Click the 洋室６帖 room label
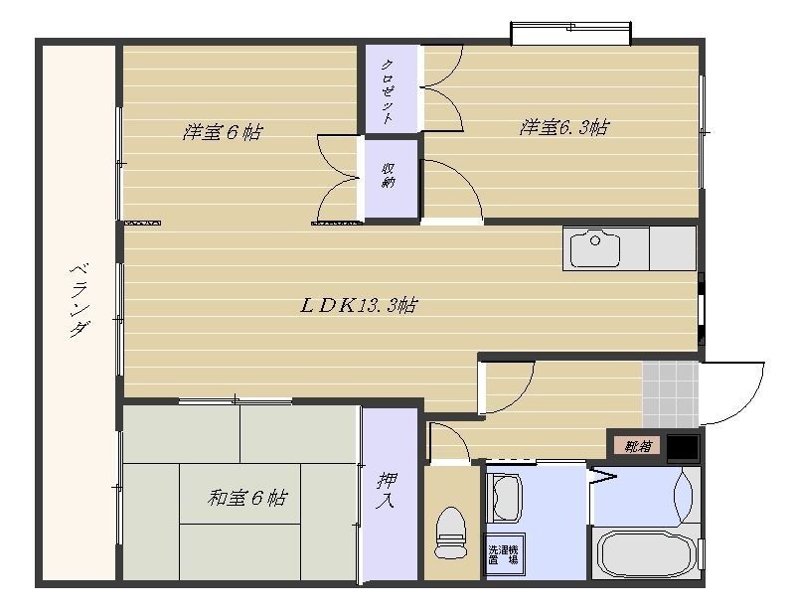(x=222, y=131)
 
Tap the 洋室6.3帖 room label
(x=563, y=128)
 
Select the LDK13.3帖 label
(x=359, y=305)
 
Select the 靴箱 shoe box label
(x=636, y=445)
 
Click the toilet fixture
(x=452, y=533)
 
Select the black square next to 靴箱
(x=682, y=448)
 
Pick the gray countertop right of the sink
(x=673, y=248)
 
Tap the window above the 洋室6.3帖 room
(x=571, y=34)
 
